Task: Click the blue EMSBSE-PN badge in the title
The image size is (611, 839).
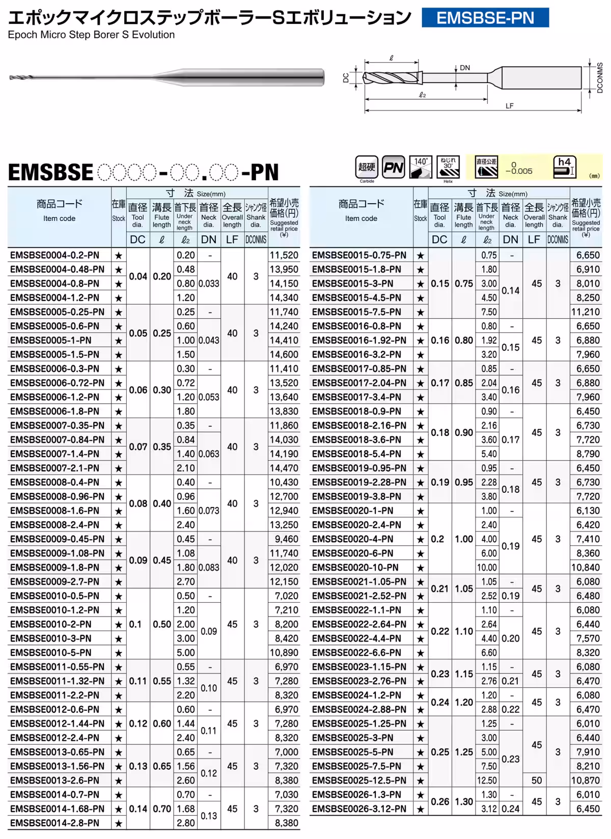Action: [485, 18]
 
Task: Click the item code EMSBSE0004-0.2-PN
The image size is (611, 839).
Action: [54, 255]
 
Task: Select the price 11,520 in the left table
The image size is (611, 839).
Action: [284, 255]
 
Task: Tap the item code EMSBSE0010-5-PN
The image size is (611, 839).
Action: [51, 653]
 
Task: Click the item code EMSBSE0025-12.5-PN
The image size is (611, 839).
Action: [359, 780]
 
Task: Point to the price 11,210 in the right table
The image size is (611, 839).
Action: [586, 312]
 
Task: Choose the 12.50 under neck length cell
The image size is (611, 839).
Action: [487, 780]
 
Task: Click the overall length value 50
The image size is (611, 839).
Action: [537, 780]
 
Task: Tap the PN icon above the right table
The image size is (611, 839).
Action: [393, 167]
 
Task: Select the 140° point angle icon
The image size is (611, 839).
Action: [421, 167]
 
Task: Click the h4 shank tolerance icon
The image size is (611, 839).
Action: [564, 167]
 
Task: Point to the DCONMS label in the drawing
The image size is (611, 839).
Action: [600, 77]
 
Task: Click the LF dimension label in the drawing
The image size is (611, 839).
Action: [510, 106]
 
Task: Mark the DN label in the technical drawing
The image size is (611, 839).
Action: [465, 68]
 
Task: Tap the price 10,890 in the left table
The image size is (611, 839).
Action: [284, 653]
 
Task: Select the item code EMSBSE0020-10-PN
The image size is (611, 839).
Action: [355, 568]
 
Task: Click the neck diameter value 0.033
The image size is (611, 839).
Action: [209, 284]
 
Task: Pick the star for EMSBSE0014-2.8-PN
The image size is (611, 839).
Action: [119, 823]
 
